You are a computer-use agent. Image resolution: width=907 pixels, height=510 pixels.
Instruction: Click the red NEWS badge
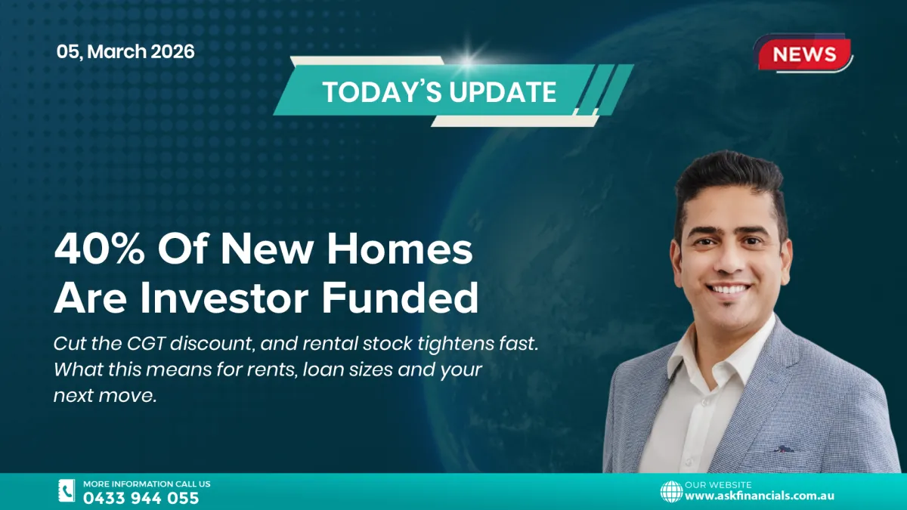coord(805,54)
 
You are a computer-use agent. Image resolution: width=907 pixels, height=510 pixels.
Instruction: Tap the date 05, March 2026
coord(125,52)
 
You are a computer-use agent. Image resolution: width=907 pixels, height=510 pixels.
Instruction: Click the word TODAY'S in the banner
coord(382,92)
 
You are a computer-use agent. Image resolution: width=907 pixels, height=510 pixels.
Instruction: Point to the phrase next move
coord(104,395)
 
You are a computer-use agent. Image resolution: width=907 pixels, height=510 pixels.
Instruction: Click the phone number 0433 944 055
coord(141,499)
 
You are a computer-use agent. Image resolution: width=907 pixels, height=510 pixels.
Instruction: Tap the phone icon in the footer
coord(67,491)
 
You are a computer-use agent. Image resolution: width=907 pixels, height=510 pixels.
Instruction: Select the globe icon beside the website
coord(671,492)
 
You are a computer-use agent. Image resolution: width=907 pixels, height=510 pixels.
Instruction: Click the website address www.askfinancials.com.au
coord(760,496)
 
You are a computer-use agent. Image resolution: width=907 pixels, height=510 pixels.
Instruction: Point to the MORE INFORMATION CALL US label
coord(147,484)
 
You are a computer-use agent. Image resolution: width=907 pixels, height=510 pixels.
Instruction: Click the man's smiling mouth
coord(729,289)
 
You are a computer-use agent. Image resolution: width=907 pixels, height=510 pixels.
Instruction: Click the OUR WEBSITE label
coord(718,484)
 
